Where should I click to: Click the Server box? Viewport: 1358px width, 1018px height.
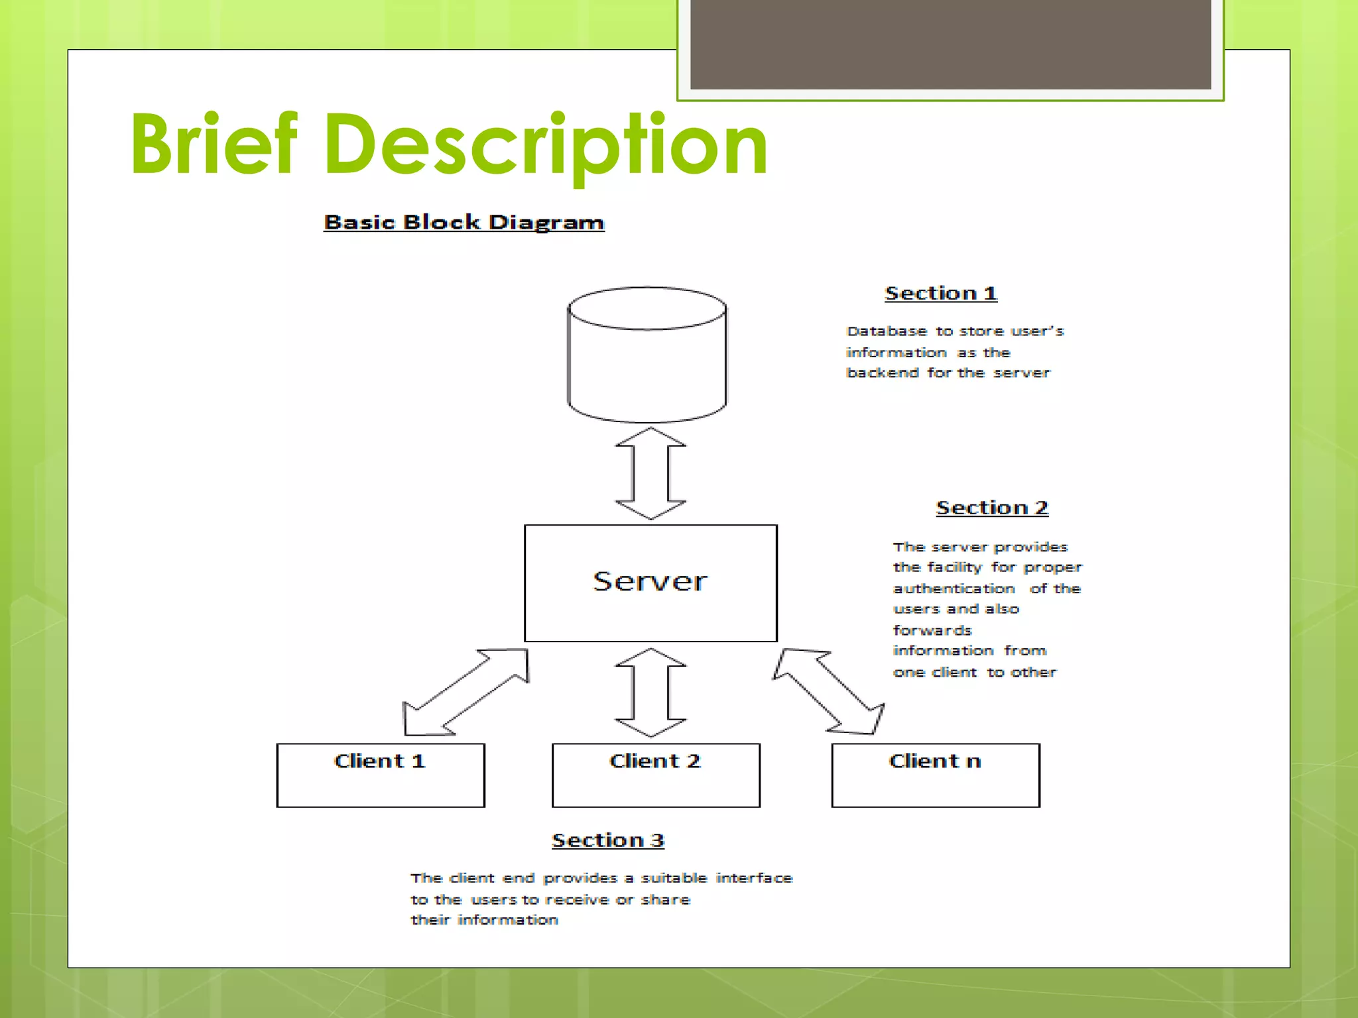point(650,583)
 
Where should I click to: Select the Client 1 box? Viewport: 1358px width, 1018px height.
point(381,775)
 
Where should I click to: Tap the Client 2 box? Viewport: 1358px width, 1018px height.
point(656,775)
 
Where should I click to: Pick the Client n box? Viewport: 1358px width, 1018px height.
point(936,775)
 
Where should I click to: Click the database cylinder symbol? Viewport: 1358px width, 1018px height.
point(647,355)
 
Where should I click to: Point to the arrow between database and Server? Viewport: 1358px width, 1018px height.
point(650,473)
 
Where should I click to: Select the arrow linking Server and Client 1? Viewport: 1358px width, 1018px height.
point(467,691)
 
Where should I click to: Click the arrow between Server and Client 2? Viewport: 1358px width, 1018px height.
point(650,693)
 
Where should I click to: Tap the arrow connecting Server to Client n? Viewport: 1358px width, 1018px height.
point(829,691)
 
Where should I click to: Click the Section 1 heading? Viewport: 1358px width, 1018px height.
point(941,293)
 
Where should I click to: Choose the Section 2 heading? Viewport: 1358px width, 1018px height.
point(992,508)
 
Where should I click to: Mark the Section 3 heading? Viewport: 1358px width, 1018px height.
point(608,840)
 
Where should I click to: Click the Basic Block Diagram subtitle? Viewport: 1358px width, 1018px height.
point(464,222)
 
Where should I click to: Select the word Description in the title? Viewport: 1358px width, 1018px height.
point(545,145)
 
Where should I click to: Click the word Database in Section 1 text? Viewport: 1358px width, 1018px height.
point(887,331)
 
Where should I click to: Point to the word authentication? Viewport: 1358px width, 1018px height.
point(954,589)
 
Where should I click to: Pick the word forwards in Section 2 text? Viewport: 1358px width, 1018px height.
point(932,630)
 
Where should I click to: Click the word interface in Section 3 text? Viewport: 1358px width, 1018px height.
point(754,878)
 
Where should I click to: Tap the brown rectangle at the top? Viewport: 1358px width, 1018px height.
point(950,44)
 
